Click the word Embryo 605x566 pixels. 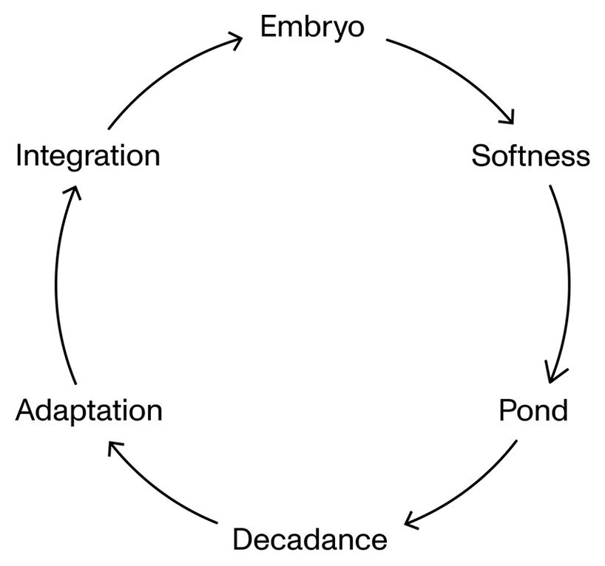pos(312,27)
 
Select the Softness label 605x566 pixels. pos(530,157)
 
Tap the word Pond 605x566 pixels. pos(533,409)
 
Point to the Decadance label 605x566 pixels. pos(309,539)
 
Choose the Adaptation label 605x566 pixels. pos(89,409)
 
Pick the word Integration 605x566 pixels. pos(87,157)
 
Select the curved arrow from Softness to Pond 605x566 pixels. pos(568,281)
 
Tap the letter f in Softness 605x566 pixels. pos(511,156)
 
